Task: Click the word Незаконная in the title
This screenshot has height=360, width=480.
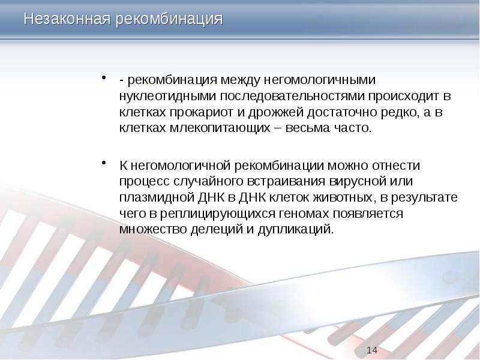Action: (65, 19)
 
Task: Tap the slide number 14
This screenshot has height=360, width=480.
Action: (371, 350)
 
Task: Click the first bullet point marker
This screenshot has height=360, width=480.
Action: (104, 78)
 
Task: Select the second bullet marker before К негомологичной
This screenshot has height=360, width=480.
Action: (104, 163)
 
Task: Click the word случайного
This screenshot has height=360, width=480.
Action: (203, 181)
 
